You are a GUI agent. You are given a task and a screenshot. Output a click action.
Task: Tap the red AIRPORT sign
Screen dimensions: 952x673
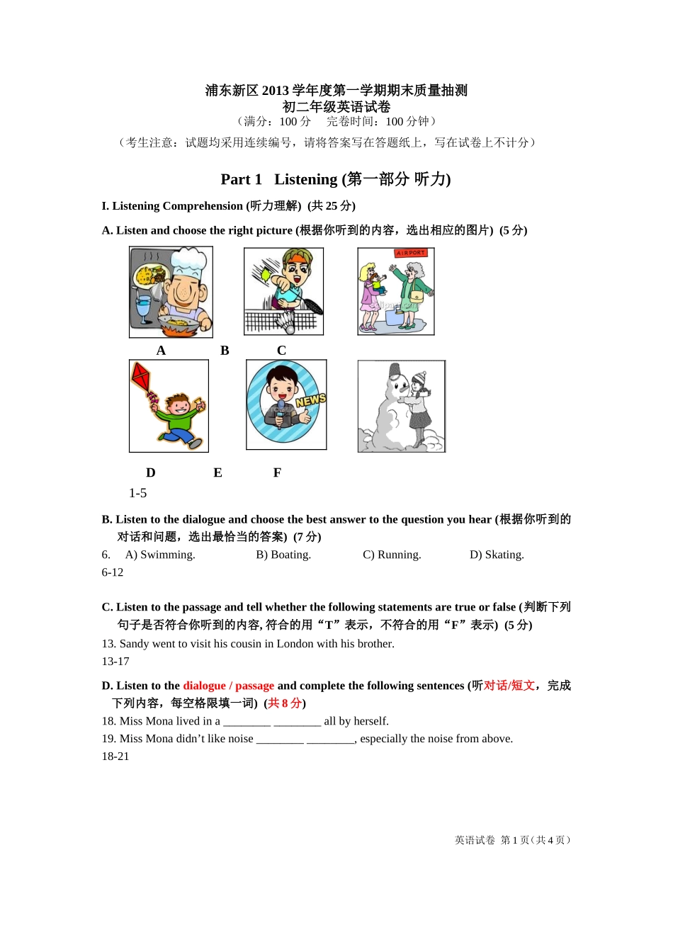pyautogui.click(x=411, y=253)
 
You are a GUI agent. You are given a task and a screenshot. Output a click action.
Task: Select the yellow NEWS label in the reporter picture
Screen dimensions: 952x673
pyautogui.click(x=310, y=400)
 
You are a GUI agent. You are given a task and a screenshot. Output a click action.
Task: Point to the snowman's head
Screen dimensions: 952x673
pyautogui.click(x=397, y=387)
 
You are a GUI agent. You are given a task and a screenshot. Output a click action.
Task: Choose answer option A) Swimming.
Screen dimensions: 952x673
pyautogui.click(x=160, y=555)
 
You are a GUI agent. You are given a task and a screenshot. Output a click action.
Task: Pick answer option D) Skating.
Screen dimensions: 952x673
pyautogui.click(x=497, y=555)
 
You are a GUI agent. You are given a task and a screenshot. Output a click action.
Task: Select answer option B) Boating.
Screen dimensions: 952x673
pyautogui.click(x=283, y=555)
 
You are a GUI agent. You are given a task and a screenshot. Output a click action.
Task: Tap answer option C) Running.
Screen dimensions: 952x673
pyautogui.click(x=392, y=555)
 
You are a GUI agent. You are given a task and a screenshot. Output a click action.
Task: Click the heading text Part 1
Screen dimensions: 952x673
pyautogui.click(x=241, y=179)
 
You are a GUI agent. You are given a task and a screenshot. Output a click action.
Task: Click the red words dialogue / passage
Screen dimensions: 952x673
pyautogui.click(x=228, y=686)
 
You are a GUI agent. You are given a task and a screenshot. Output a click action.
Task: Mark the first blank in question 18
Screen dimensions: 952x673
pyautogui.click(x=247, y=721)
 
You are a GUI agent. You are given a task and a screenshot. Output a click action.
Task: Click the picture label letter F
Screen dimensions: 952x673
pyautogui.click(x=277, y=472)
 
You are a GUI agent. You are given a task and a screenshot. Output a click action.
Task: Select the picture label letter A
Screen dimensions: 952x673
pyautogui.click(x=161, y=351)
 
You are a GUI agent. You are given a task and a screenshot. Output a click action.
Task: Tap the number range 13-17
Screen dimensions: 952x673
pyautogui.click(x=115, y=662)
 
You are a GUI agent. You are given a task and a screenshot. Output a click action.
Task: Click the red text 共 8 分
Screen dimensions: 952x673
pyautogui.click(x=285, y=703)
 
